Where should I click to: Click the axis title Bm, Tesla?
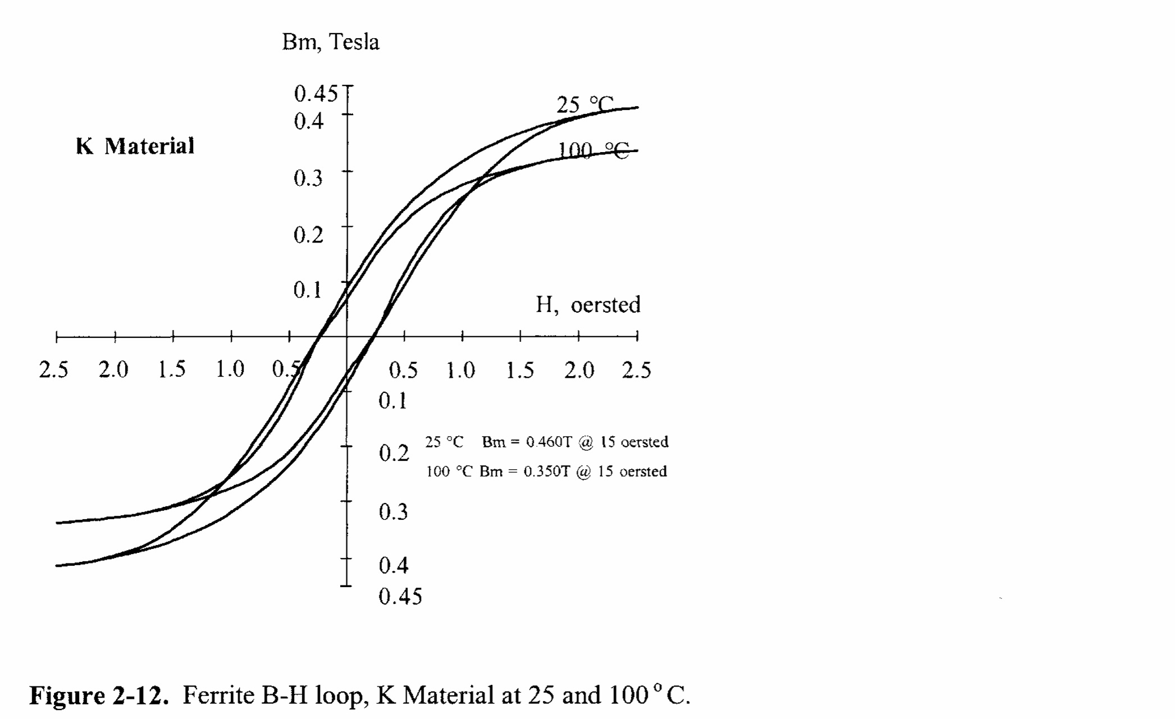coord(330,42)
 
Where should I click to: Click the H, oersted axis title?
coord(587,305)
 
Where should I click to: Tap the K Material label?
coord(135,146)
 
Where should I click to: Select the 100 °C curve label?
coord(593,150)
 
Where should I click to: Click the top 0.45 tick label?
coord(316,94)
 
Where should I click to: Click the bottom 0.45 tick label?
coord(400,597)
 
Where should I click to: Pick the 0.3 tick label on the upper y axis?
coord(308,178)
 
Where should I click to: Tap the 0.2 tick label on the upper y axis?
coord(308,235)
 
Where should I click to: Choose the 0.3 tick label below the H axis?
coord(393,512)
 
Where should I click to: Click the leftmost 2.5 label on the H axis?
coord(53,370)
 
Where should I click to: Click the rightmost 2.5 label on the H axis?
coord(636,370)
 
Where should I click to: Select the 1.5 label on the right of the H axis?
coord(520,370)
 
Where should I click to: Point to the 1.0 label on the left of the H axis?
coord(230,369)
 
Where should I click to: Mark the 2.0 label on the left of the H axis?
coord(113,370)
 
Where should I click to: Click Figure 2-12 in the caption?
coord(99,695)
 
